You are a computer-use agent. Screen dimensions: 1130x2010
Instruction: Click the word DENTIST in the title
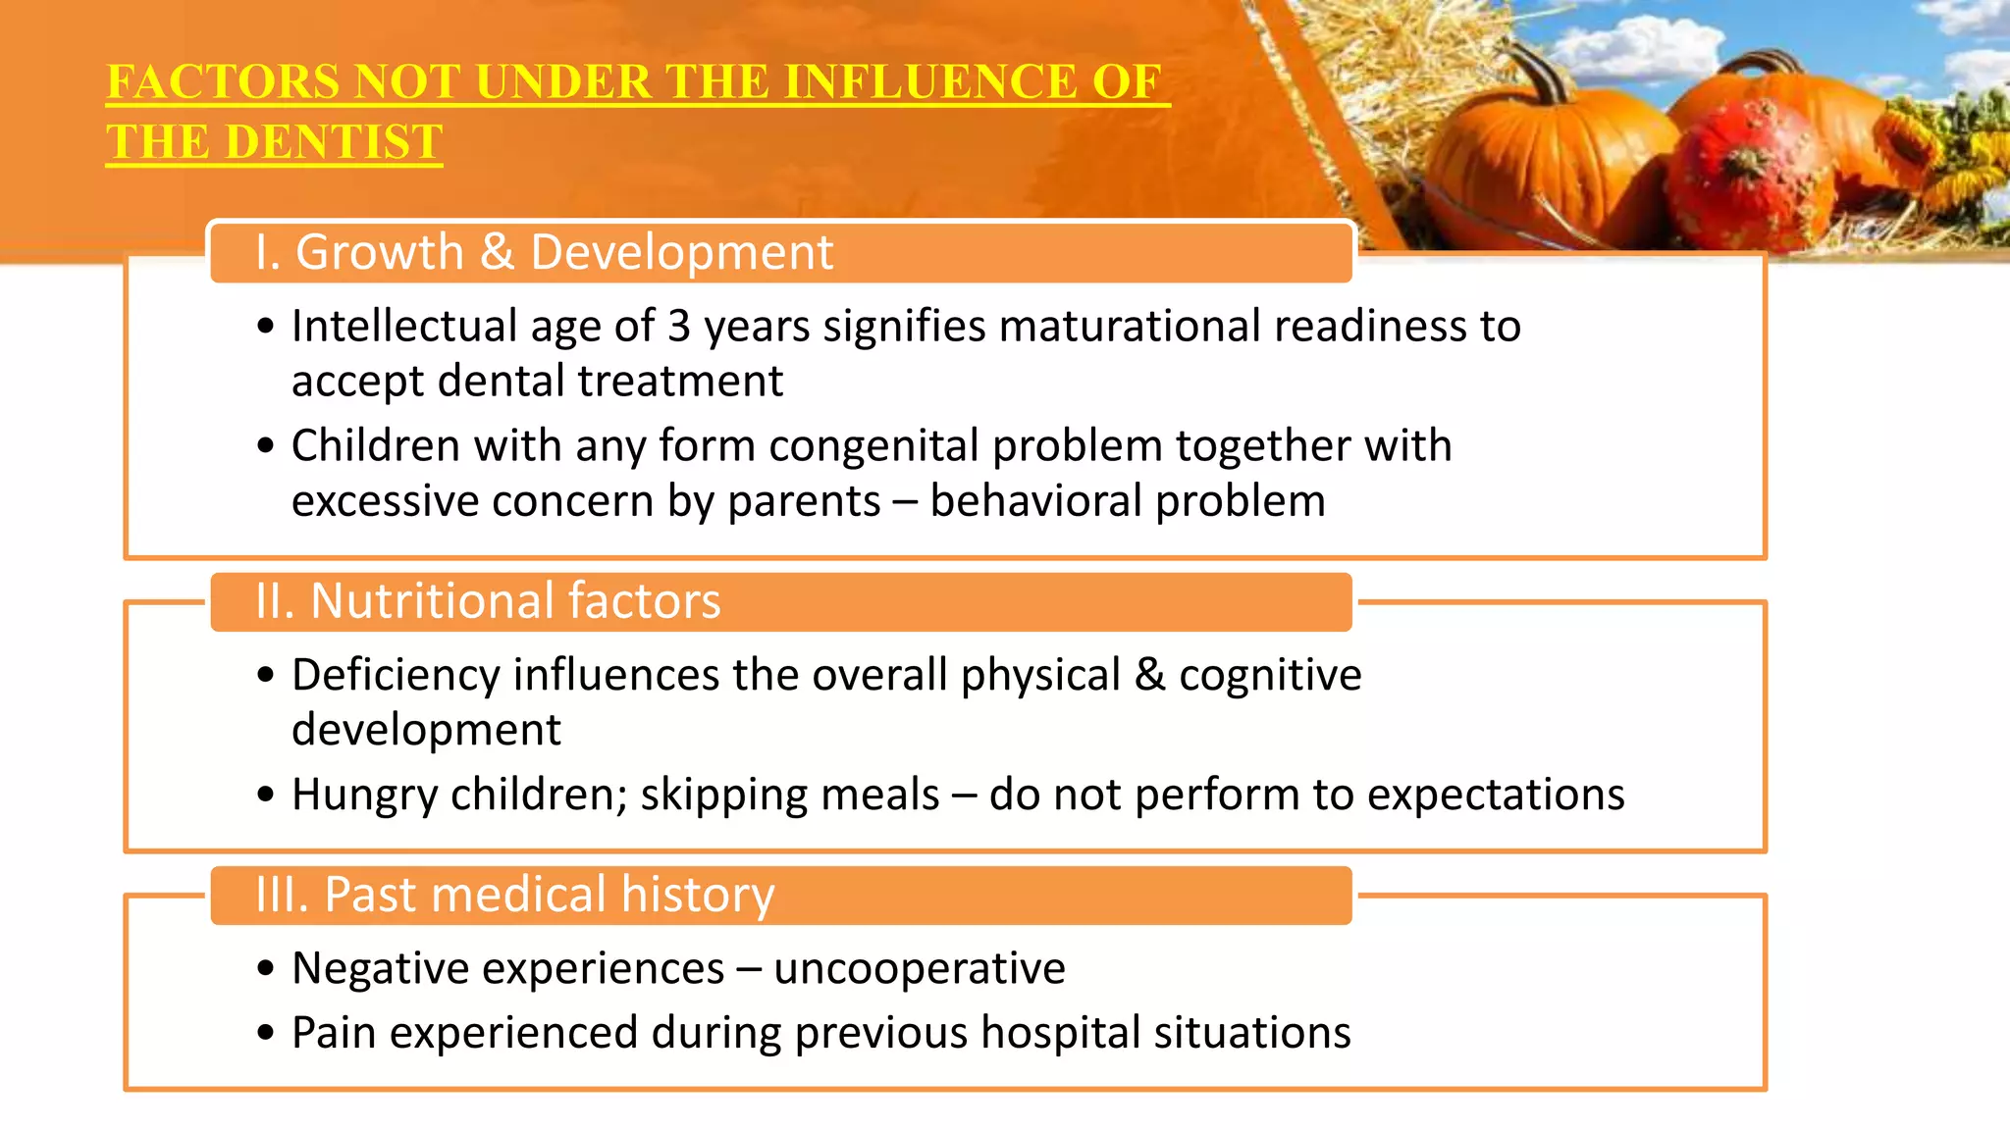(x=334, y=142)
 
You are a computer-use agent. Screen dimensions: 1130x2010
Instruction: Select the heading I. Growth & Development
(x=544, y=252)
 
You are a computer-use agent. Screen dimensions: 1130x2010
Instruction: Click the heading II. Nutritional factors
(x=488, y=601)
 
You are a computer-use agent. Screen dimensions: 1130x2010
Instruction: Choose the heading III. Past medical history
(x=514, y=895)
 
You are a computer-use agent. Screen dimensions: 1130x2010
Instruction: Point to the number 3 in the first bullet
(x=678, y=327)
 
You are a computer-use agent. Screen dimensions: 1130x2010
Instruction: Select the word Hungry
(x=364, y=796)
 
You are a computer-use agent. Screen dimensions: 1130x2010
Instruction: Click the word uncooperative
(x=919, y=969)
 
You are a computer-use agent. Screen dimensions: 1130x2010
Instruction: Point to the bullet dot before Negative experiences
(x=265, y=969)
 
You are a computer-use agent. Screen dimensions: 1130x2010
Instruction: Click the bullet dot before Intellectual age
(x=265, y=327)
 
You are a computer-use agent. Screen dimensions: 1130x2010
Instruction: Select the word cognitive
(x=1270, y=676)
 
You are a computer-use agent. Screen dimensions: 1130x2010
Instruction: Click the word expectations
(x=1496, y=796)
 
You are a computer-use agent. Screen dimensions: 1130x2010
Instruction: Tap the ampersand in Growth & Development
(x=497, y=252)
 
